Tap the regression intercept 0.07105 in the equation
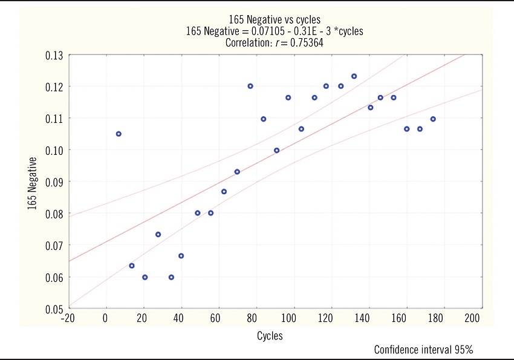coord(267,31)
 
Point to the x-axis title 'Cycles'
coord(270,336)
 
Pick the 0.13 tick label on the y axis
coord(54,55)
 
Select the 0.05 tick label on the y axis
coord(54,309)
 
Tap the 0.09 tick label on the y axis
coord(54,182)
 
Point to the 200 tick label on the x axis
coord(473,318)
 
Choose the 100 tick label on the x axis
coord(290,318)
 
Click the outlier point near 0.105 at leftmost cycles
coord(119,134)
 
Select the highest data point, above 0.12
coord(354,76)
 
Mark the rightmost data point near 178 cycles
coord(433,119)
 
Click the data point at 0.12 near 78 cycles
coord(250,86)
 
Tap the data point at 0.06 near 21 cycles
coord(145,277)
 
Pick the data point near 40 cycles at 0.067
coord(181,256)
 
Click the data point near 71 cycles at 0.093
coord(237,172)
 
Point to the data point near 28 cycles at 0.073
coord(158,234)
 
